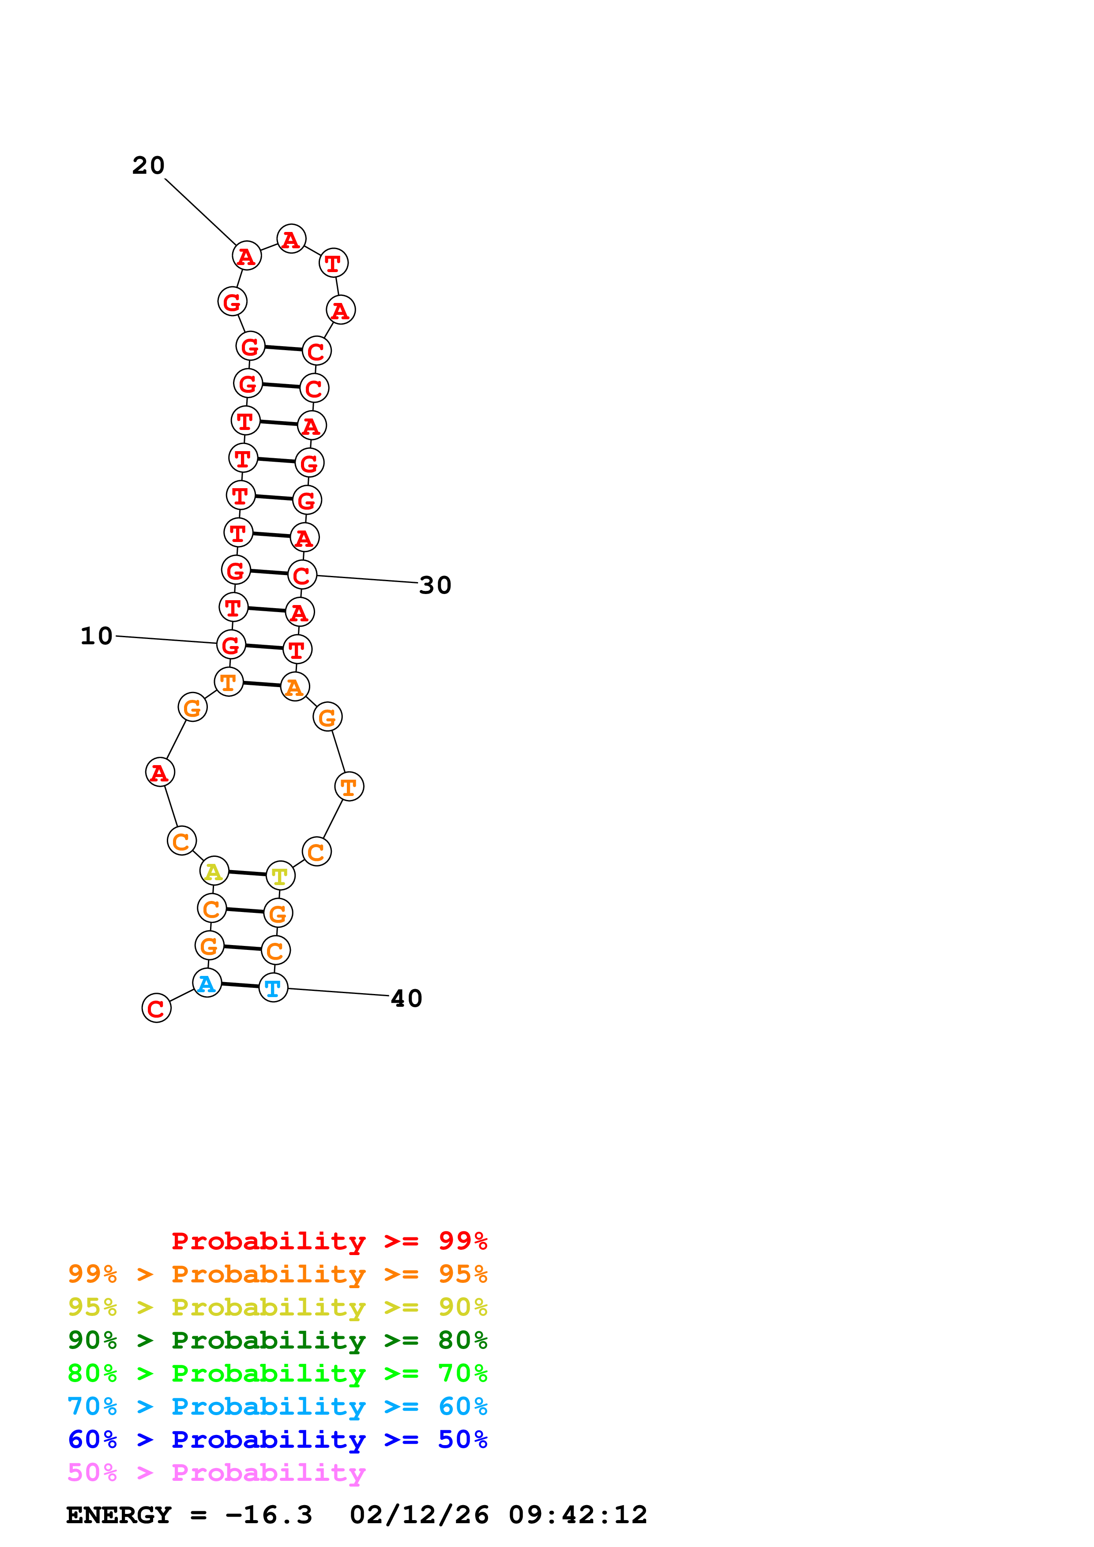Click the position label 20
coord(148,165)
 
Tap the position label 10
coord(96,635)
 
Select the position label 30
coord(435,585)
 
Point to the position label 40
coord(406,998)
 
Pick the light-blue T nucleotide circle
coord(273,988)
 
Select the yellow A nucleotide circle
coord(214,871)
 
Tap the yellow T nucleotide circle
coord(280,876)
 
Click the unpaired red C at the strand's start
coord(156,1008)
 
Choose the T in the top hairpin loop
coord(333,263)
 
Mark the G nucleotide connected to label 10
coord(230,645)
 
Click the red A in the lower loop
coord(160,772)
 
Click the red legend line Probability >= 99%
coord(329,1241)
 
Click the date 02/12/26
coord(419,1515)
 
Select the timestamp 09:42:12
coord(578,1515)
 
